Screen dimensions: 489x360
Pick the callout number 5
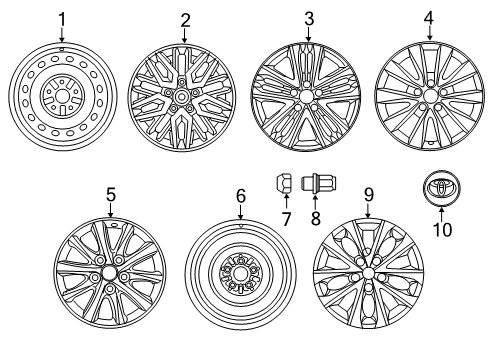point(112,196)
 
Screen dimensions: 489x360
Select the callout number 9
point(368,196)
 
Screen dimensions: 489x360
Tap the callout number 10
point(441,229)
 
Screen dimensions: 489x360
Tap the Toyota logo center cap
point(441,187)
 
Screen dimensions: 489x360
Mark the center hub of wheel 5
point(112,277)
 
